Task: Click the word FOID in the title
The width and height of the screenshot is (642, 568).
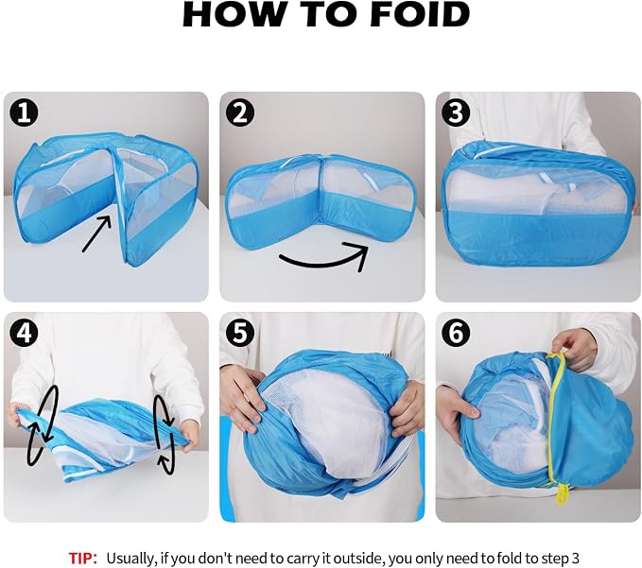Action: [x=420, y=15]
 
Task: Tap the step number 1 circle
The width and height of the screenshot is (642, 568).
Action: [x=25, y=113]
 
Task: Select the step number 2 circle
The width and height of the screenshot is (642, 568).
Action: [x=240, y=113]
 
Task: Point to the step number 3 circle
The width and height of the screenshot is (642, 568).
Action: [x=456, y=113]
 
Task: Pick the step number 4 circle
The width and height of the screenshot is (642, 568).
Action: [x=25, y=334]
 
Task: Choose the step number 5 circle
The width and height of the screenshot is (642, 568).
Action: [x=240, y=334]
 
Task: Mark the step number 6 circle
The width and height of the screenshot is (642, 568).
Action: [x=456, y=334]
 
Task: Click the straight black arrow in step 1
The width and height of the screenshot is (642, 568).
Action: [x=96, y=233]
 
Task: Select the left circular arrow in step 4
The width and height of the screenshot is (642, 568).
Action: [x=43, y=425]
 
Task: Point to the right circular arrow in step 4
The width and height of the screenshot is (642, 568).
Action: [x=165, y=435]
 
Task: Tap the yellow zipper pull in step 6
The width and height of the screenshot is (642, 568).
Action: [x=561, y=493]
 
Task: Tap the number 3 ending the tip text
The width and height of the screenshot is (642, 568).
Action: [x=575, y=559]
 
